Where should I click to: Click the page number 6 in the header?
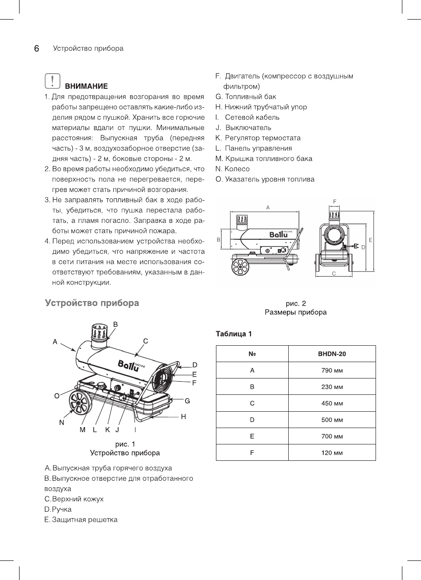click(36, 49)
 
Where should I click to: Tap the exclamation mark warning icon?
click(53, 81)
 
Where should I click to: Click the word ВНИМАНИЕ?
click(86, 86)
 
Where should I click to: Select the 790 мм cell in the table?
click(332, 370)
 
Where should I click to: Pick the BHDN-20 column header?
click(332, 353)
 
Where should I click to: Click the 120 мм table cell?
click(332, 453)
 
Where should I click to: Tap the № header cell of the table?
click(252, 353)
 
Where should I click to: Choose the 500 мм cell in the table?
click(332, 419)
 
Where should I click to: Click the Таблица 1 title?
click(234, 334)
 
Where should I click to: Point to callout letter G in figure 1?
click(187, 401)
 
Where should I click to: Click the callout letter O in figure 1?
click(57, 396)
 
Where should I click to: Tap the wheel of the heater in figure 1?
click(79, 404)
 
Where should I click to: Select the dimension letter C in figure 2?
click(334, 274)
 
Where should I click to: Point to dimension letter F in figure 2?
click(335, 201)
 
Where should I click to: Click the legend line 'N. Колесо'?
click(232, 169)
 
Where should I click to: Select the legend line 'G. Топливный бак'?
click(246, 96)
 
